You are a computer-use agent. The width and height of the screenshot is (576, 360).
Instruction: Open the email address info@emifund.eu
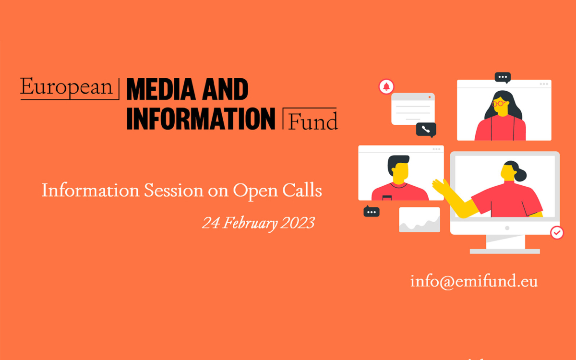pos(474,281)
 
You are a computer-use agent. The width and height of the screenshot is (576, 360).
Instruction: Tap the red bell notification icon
pos(386,86)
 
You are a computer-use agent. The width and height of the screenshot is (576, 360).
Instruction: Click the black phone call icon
pos(426,129)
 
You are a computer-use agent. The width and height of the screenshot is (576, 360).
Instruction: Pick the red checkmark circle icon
pos(557,233)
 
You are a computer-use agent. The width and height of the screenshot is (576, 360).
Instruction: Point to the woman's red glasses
pos(500,103)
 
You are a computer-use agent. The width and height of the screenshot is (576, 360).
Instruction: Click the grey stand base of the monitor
pos(504,251)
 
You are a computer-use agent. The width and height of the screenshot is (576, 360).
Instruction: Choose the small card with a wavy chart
pos(419,220)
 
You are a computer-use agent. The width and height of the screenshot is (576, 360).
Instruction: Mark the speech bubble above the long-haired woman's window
pos(503,77)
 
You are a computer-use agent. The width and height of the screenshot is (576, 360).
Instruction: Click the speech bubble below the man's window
pos(372,211)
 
